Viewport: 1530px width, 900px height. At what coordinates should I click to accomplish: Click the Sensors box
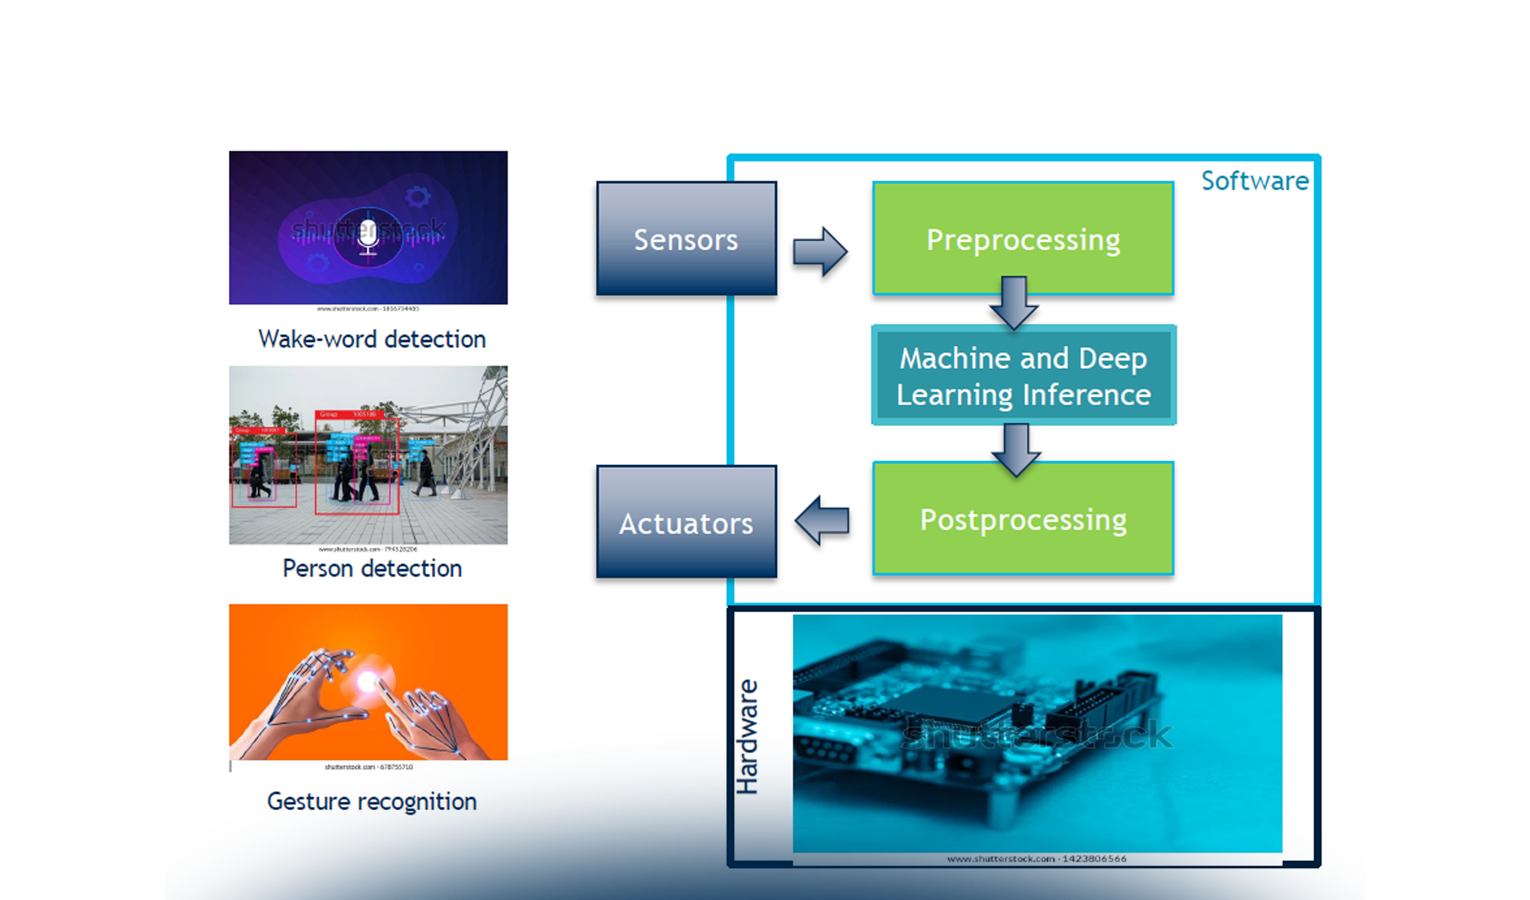(x=686, y=238)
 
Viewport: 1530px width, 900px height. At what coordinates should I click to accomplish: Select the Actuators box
(x=686, y=522)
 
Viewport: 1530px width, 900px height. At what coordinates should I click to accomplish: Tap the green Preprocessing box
(x=1023, y=238)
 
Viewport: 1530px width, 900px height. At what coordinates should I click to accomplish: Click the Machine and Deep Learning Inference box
(x=1023, y=375)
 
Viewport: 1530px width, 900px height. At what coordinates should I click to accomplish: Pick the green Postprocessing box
(x=1023, y=519)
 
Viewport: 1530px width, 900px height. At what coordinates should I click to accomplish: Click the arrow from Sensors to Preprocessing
(x=820, y=252)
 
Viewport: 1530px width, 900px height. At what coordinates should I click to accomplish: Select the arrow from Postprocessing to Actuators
(x=822, y=520)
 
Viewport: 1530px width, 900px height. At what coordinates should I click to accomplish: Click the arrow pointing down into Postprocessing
(x=1016, y=449)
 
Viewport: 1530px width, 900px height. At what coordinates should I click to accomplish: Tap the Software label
(x=1255, y=181)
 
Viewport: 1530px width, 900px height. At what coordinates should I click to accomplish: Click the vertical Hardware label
(x=748, y=736)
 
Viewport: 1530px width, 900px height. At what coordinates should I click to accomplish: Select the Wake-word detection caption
(x=372, y=339)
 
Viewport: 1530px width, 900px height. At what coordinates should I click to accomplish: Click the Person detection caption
(x=372, y=568)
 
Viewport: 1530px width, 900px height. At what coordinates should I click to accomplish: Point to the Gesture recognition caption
(x=372, y=801)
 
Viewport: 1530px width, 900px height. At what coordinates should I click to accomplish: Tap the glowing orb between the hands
(x=367, y=681)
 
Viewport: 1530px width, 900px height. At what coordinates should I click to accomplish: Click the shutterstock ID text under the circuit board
(x=1036, y=859)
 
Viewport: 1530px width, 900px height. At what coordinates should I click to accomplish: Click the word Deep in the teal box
(x=1113, y=358)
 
